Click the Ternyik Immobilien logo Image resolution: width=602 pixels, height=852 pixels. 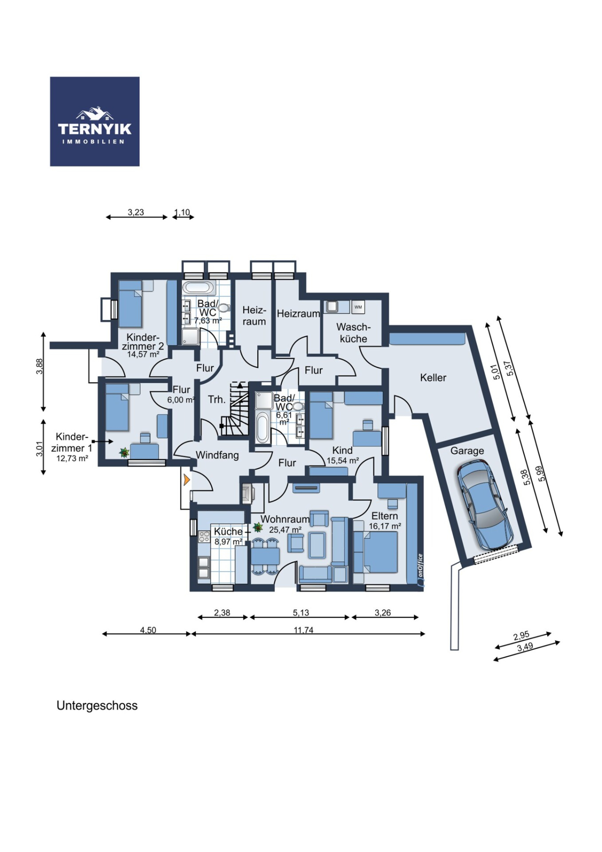point(95,121)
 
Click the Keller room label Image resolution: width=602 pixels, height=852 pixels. point(433,377)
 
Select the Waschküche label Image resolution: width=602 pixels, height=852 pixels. point(353,333)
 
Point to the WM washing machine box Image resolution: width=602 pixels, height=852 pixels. point(358,307)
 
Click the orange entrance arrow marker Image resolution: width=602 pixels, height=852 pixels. point(187,480)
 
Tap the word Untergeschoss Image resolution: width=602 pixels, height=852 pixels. point(97,706)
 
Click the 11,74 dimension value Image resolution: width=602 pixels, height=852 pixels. point(303,629)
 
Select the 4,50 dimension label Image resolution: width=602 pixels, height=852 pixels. point(148,630)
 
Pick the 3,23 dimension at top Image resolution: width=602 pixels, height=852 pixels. point(136,212)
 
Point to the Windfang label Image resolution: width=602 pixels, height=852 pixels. point(217,455)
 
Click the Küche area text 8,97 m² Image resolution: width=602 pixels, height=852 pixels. point(229,541)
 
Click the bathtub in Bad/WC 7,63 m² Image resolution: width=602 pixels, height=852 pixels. point(198,287)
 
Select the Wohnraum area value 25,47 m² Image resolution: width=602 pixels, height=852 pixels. point(285,530)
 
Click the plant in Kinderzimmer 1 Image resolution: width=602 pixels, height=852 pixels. point(124,453)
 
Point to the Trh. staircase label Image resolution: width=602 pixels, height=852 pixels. point(217,399)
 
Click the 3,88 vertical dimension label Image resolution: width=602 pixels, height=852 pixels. point(40,366)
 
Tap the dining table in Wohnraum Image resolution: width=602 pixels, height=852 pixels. point(265,557)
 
